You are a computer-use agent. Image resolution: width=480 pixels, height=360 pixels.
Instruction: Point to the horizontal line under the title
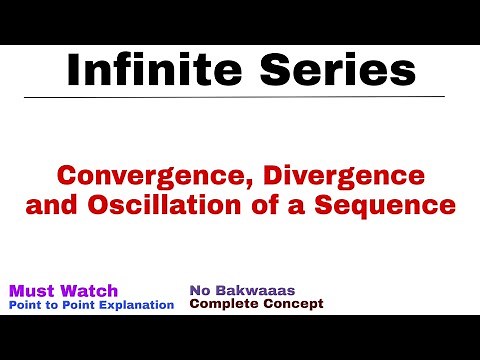point(240,96)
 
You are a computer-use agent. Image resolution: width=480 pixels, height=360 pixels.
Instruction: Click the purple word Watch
point(94,290)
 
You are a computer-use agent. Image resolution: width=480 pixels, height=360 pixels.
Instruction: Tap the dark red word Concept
point(292,303)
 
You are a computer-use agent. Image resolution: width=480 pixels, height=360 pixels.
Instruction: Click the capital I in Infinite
point(72,71)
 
